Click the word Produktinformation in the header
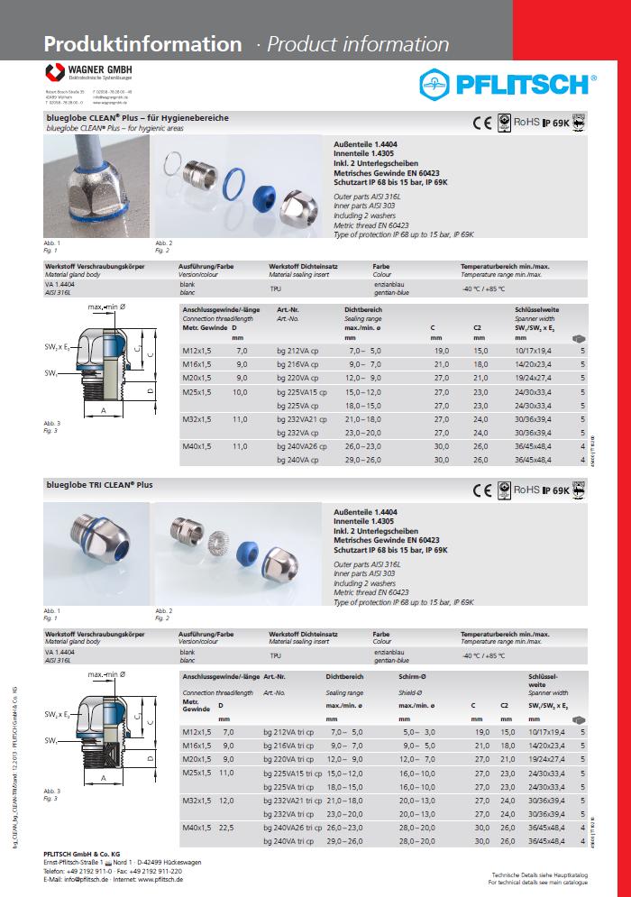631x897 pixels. (x=142, y=44)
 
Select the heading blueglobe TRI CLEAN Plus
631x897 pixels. (x=99, y=485)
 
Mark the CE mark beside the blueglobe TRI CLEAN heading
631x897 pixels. (x=482, y=491)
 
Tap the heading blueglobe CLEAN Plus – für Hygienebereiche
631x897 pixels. (x=137, y=118)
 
